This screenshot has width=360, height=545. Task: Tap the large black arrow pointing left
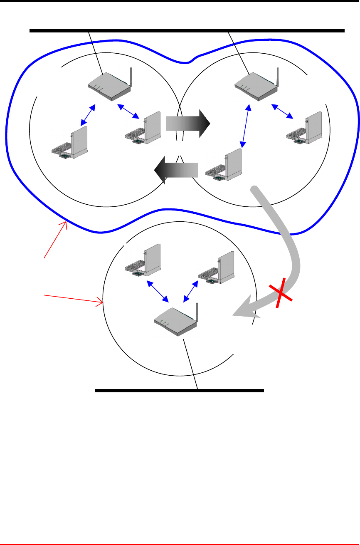(176, 170)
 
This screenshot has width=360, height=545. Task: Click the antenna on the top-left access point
(131, 77)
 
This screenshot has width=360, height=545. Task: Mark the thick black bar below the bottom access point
(180, 391)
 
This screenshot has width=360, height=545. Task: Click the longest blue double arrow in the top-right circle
(246, 132)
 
